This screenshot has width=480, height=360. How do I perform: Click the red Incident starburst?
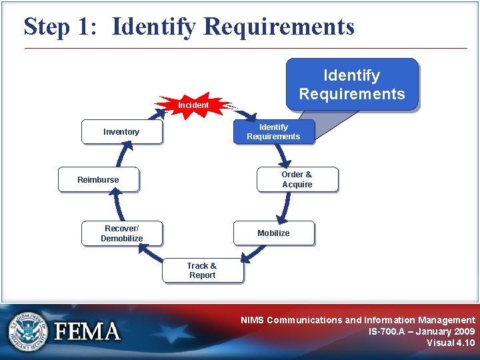click(x=193, y=105)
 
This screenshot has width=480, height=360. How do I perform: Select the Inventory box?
click(x=121, y=132)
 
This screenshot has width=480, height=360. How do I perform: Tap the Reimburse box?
click(x=98, y=179)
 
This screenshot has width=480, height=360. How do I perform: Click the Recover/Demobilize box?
click(x=122, y=233)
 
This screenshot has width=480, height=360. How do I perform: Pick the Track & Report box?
click(x=202, y=270)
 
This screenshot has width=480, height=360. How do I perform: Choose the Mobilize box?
click(x=273, y=233)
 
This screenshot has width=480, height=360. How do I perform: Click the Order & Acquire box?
click(x=297, y=179)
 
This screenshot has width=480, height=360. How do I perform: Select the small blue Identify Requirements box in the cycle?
click(x=273, y=132)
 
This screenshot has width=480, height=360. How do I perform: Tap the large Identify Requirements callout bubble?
click(x=351, y=85)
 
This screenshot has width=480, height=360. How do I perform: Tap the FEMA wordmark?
click(x=87, y=331)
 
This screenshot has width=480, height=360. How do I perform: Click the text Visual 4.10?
click(x=451, y=343)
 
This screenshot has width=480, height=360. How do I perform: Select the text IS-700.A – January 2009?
click(x=421, y=331)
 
